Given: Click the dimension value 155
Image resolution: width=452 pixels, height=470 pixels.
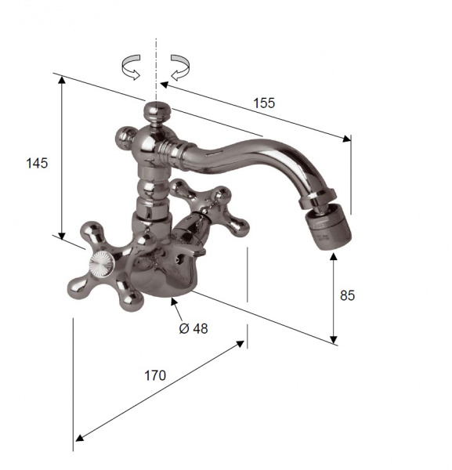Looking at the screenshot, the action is click(x=264, y=103).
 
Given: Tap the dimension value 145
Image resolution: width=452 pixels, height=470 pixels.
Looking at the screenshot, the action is click(x=37, y=164).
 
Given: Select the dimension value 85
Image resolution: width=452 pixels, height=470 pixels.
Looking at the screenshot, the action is click(x=347, y=295).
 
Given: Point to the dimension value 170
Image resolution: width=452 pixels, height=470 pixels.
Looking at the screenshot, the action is click(x=155, y=375).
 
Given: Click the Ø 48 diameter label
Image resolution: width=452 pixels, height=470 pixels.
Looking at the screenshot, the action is click(x=193, y=329).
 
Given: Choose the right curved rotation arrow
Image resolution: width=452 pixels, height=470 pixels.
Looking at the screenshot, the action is click(x=180, y=67).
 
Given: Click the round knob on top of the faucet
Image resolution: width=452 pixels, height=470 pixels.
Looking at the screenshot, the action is click(x=157, y=110).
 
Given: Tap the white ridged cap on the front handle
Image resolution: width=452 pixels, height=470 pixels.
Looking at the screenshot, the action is click(x=102, y=264).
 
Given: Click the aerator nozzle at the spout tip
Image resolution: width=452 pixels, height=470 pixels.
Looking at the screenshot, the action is click(x=328, y=230).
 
